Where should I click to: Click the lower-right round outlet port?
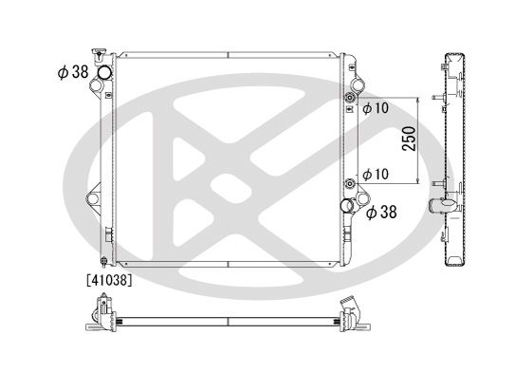(352, 203)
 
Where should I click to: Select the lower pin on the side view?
(433, 182)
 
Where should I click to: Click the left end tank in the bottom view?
(102, 313)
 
